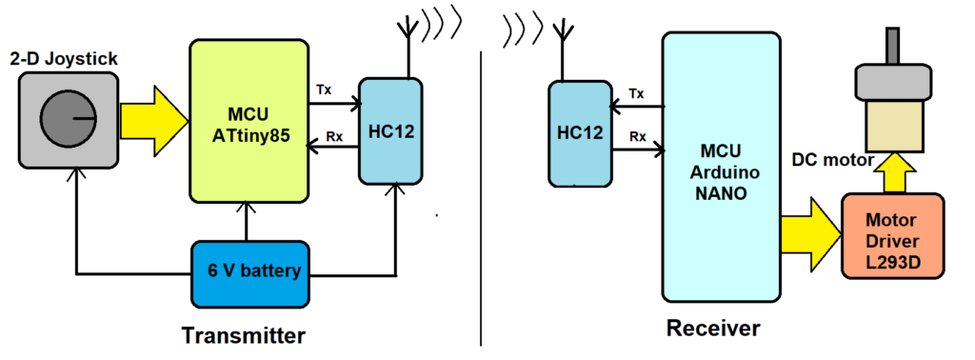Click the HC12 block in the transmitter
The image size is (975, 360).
[390, 130]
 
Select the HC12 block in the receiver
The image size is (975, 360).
[580, 132]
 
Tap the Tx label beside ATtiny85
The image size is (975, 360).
[324, 89]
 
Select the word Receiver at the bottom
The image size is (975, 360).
[713, 330]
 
